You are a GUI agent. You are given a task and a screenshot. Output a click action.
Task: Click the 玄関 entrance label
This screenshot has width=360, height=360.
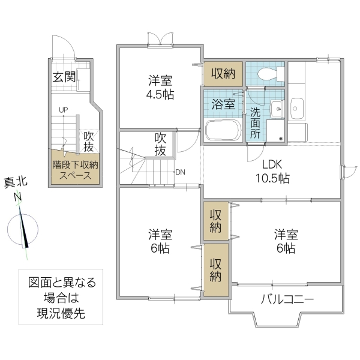tap(64, 77)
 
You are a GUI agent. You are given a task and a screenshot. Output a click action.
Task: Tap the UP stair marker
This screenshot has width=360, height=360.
tap(63, 110)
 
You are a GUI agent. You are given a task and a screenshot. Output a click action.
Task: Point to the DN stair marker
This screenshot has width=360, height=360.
tap(180, 172)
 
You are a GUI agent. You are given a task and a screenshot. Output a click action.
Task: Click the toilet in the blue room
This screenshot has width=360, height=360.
tap(266, 74)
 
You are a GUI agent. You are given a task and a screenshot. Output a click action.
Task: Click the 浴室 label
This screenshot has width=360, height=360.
tap(223, 103)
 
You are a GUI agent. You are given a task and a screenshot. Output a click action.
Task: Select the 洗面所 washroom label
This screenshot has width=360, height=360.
tap(256, 122)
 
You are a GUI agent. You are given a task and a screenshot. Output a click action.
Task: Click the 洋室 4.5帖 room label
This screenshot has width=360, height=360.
tap(160, 88)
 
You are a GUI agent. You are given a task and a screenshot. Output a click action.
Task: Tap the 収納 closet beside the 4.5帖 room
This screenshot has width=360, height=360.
tap(223, 74)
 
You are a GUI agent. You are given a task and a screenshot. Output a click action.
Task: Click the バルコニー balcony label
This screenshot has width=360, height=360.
tap(287, 299)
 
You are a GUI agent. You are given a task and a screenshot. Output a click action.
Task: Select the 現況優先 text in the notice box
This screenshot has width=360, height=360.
tap(62, 313)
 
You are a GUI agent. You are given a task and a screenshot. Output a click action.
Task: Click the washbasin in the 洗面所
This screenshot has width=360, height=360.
tap(276, 109)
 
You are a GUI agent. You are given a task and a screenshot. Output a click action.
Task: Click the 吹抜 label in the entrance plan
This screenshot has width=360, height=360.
tap(88, 142)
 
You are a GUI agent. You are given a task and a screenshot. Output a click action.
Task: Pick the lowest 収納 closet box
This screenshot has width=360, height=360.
tap(215, 268)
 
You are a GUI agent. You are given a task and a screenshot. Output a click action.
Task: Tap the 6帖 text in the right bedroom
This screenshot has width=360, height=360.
tap(286, 248)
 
